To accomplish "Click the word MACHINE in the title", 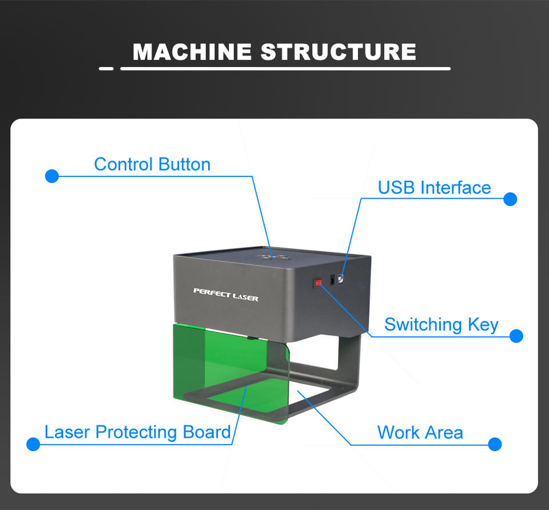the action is [192, 52].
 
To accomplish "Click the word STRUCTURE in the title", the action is [338, 52].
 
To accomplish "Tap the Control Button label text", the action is [152, 164].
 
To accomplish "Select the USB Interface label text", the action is [434, 188].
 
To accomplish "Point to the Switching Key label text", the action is [441, 325].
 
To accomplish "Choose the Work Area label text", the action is [420, 433].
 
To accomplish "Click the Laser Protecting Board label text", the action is [137, 432].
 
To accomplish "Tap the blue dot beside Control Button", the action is [52, 176].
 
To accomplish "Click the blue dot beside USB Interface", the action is [510, 199].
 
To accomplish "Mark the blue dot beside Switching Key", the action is [516, 336].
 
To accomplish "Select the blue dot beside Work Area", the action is [495, 444].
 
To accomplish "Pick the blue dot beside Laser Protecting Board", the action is [33, 444].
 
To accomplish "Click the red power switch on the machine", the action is [318, 283].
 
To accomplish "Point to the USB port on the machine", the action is [340, 279].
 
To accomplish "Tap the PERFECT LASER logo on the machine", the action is [226, 295].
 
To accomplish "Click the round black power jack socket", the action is [332, 280].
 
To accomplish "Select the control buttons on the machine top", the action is [273, 258].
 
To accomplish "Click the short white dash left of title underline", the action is [106, 69].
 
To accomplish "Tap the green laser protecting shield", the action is [231, 371].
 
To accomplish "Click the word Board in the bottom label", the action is [206, 432].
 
